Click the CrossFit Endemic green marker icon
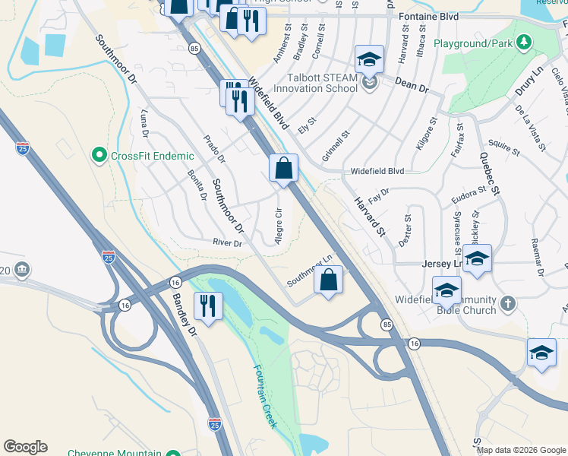pos(99,156)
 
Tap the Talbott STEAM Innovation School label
pos(315,82)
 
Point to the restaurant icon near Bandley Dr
pos(207,306)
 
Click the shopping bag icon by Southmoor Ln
pos(328,280)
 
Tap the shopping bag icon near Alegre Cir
pos(283,168)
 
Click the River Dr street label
pos(227,243)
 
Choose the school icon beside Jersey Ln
pos(477,258)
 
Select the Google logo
pos(25,447)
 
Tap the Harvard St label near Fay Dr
pos(368,217)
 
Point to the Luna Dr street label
pos(145,124)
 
